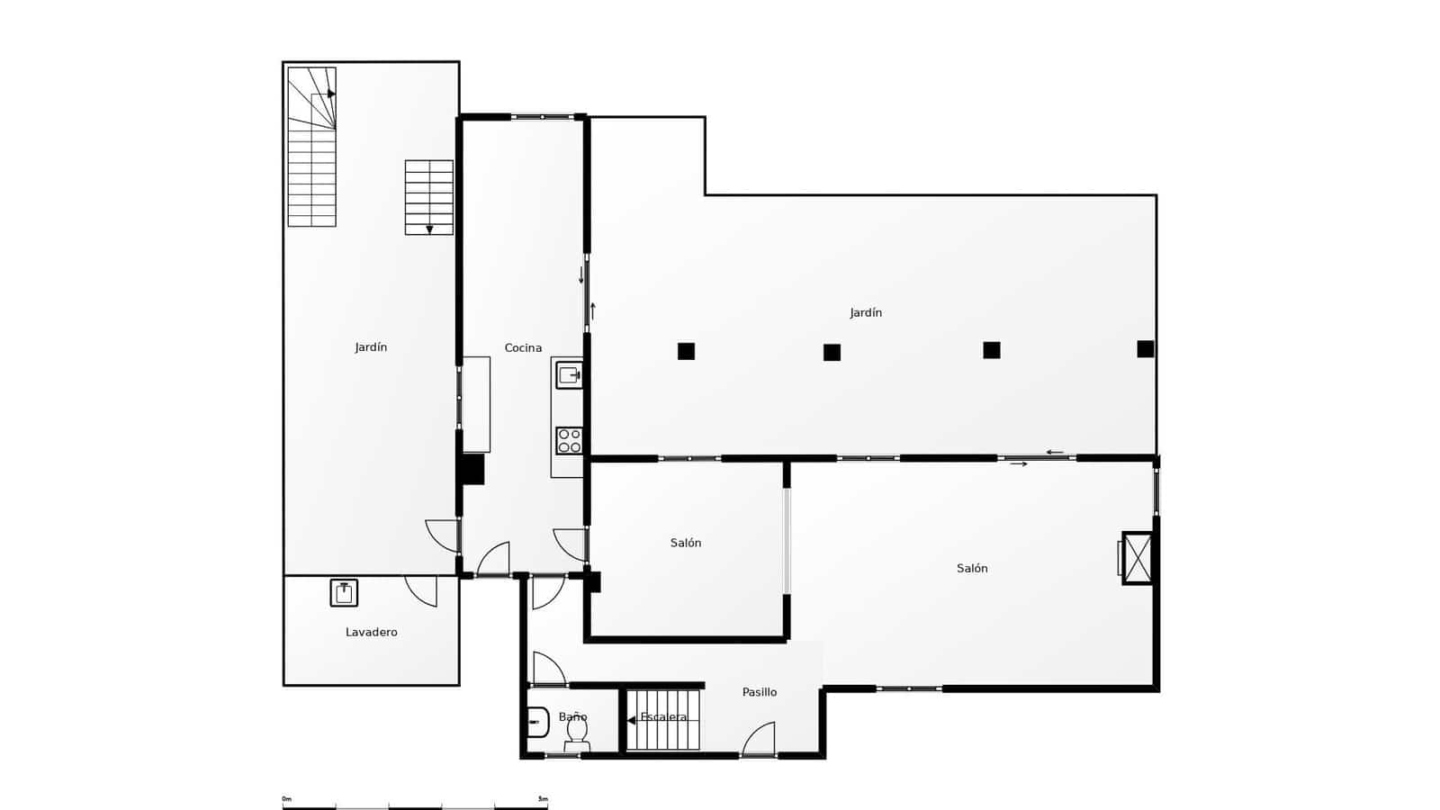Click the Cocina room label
pyautogui.click(x=523, y=348)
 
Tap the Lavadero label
pyautogui.click(x=371, y=633)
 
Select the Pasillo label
pyautogui.click(x=759, y=692)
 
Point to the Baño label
pyautogui.click(x=572, y=717)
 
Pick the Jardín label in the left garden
pyautogui.click(x=371, y=347)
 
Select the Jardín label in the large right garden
pyautogui.click(x=866, y=313)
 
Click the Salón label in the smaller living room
pyautogui.click(x=686, y=544)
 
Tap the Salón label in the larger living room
pyautogui.click(x=972, y=569)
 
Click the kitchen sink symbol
pyautogui.click(x=569, y=374)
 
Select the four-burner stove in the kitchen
pyautogui.click(x=569, y=441)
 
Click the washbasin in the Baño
pyautogui.click(x=537, y=722)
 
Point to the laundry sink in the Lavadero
pyautogui.click(x=344, y=593)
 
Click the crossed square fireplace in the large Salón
pyautogui.click(x=1137, y=559)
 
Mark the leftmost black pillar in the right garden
pyautogui.click(x=686, y=351)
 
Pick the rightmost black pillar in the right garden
pyautogui.click(x=1145, y=348)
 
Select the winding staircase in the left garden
pyautogui.click(x=311, y=147)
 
